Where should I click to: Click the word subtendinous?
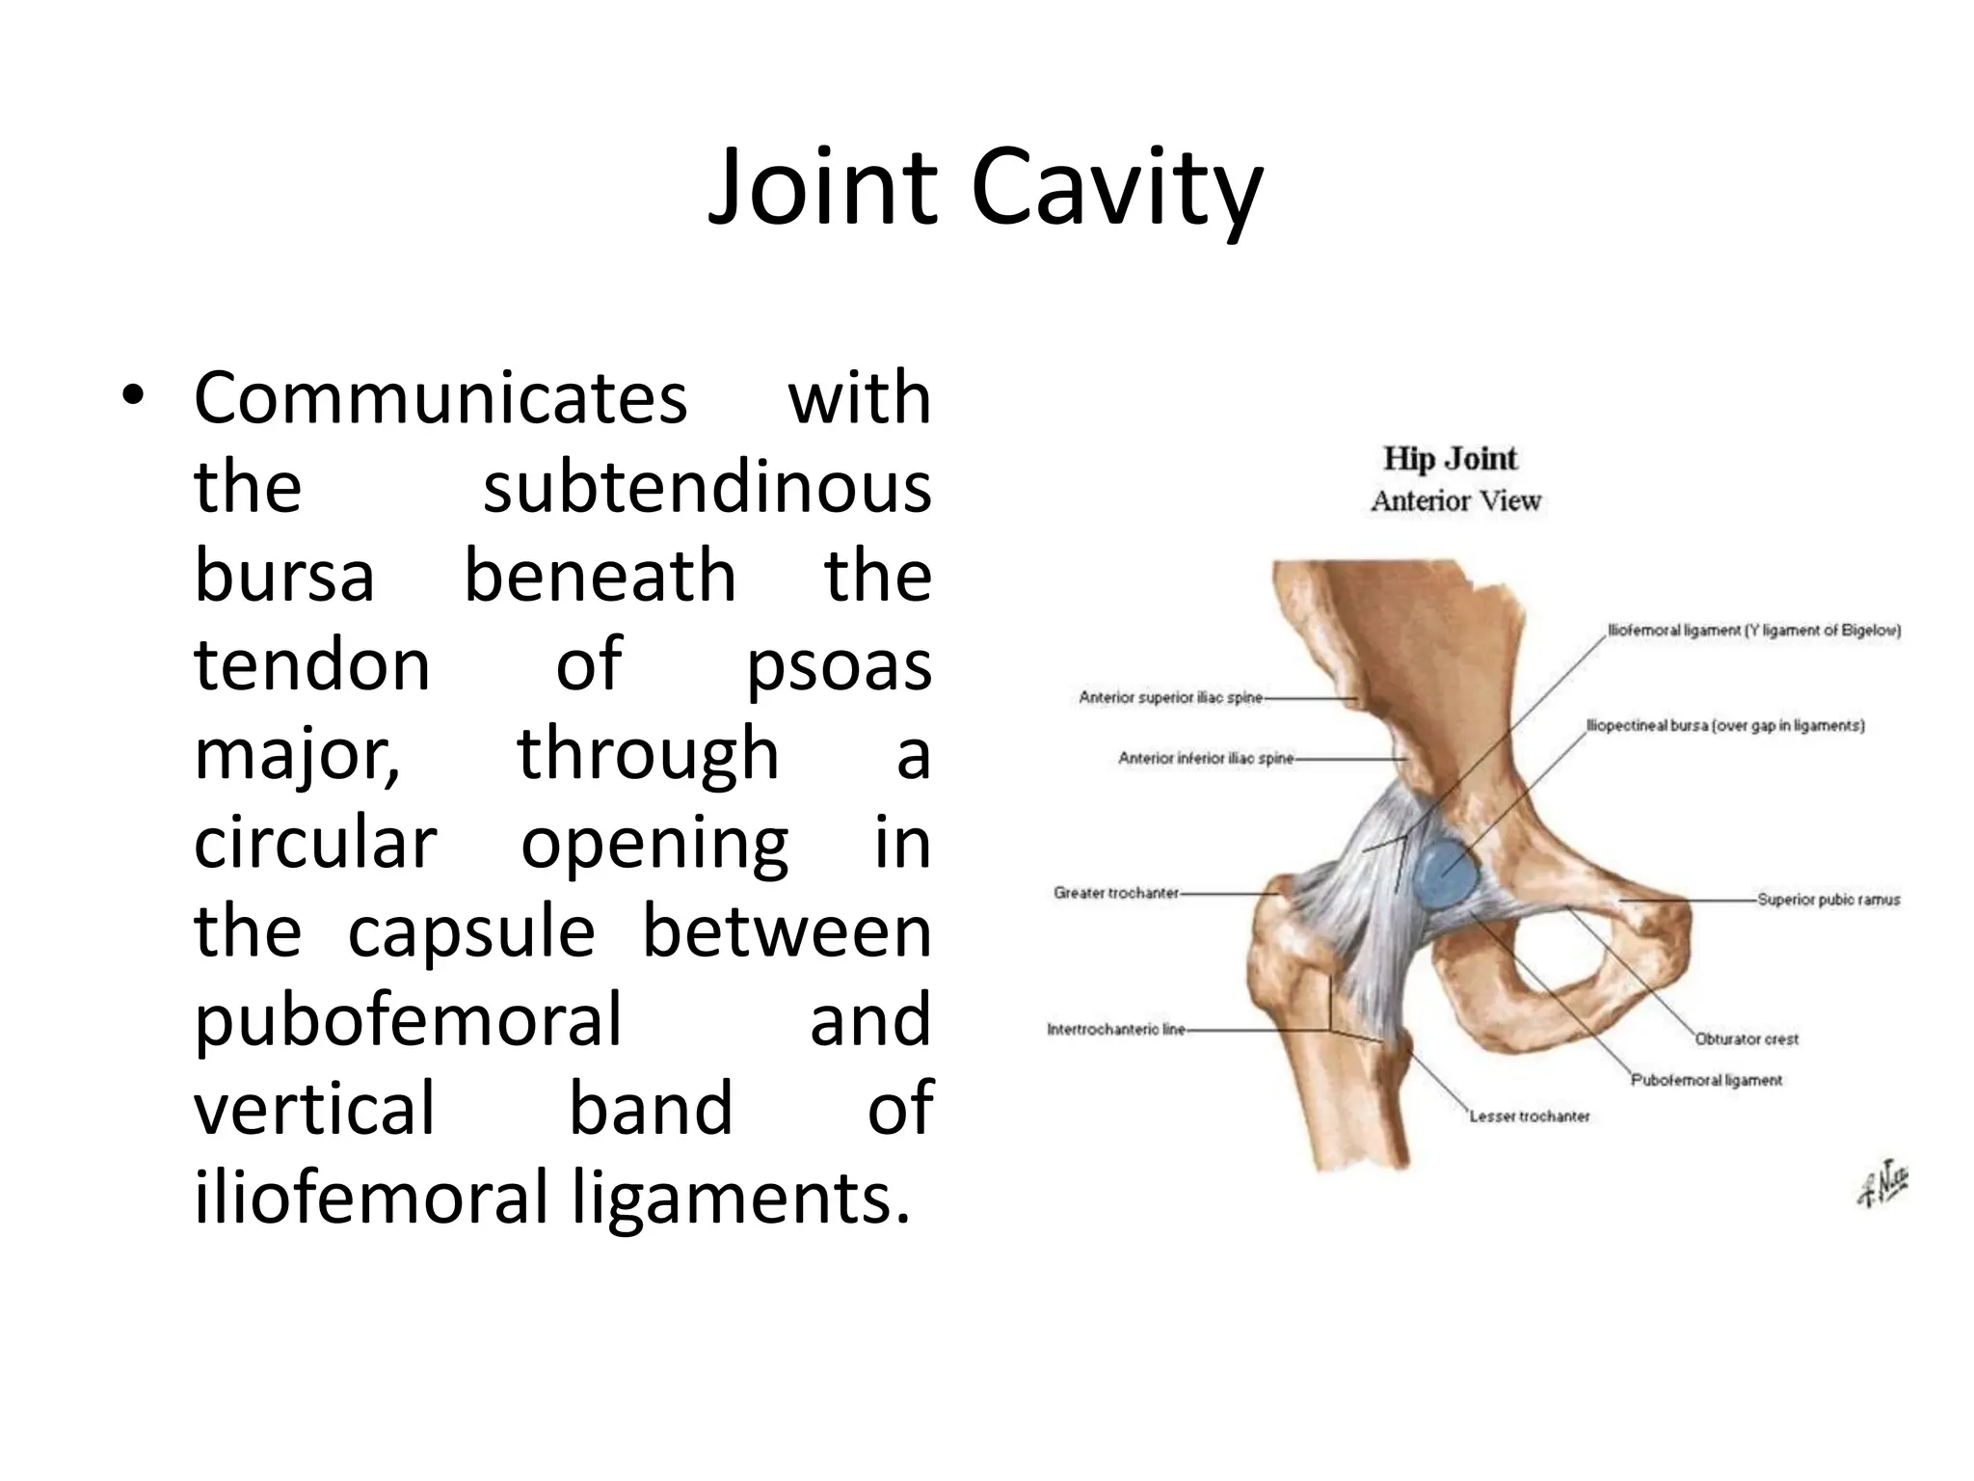(x=707, y=487)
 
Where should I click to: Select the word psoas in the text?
(x=839, y=665)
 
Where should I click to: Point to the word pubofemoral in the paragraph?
(x=408, y=1019)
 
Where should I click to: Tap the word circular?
(x=315, y=842)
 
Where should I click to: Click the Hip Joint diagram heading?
(x=1450, y=458)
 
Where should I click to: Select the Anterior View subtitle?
(x=1455, y=501)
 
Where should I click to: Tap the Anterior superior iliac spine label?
(x=1169, y=697)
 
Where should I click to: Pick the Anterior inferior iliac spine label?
(x=1205, y=759)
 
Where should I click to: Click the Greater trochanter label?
(x=1116, y=893)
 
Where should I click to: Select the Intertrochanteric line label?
(x=1116, y=1030)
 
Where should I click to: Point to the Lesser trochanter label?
(x=1529, y=1117)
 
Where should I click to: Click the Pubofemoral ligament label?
(x=1706, y=1080)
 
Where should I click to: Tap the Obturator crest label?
(x=1747, y=1039)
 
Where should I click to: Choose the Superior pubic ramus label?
(x=1828, y=900)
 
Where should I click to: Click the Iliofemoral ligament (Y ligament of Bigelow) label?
(x=1753, y=632)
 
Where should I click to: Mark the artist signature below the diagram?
(x=1881, y=1185)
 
